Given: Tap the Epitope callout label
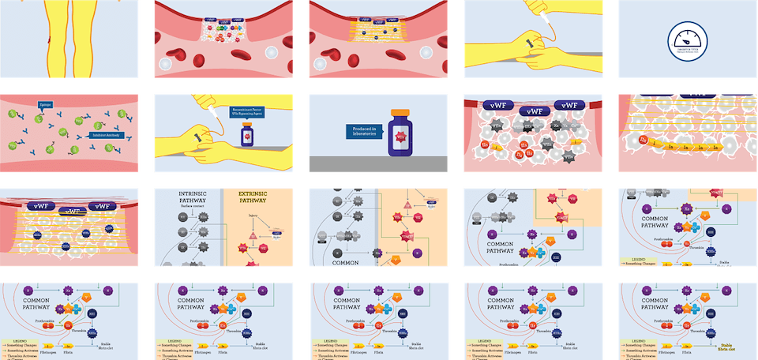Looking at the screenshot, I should pos(44,105).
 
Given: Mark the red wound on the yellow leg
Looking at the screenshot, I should pos(48,39).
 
